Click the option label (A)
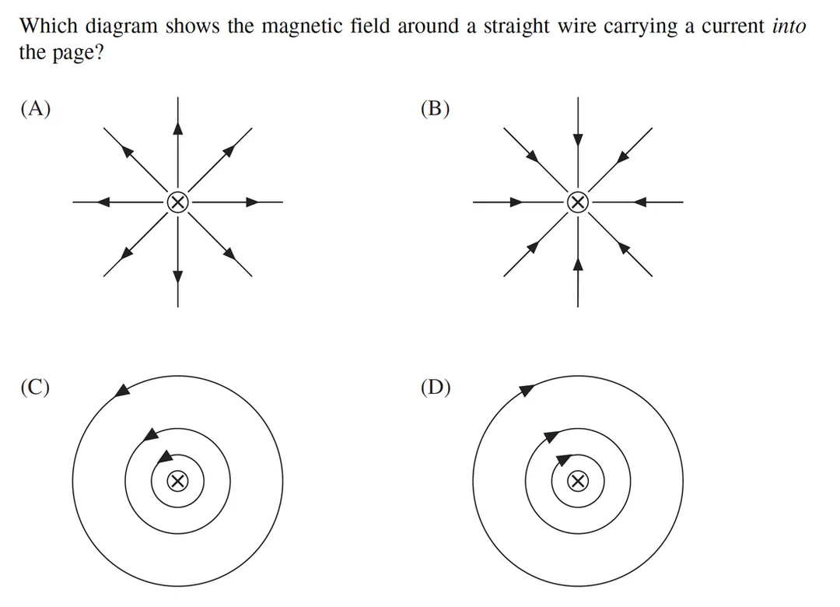(36, 108)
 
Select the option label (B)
(436, 108)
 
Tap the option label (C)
(35, 387)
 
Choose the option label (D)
(436, 387)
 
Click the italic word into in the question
(789, 26)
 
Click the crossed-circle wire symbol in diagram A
(178, 202)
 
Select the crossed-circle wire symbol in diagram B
(577, 202)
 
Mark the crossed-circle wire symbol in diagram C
(178, 481)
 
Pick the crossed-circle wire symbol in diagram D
(577, 481)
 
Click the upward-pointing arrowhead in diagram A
(178, 128)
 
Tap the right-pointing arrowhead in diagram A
(252, 202)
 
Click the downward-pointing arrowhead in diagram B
(577, 139)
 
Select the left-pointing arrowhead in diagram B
(641, 202)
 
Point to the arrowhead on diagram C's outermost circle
(123, 391)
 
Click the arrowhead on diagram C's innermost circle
(166, 456)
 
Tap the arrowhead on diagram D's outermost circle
(527, 389)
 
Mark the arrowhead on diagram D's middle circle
(551, 436)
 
